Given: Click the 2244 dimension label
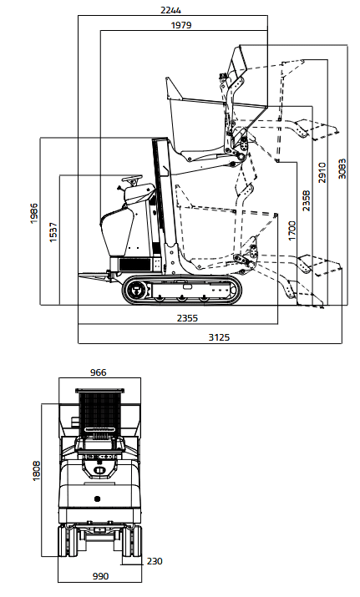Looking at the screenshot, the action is click(x=170, y=10).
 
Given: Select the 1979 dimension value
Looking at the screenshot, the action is click(x=181, y=25).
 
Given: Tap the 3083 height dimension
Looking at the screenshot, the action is click(x=342, y=169).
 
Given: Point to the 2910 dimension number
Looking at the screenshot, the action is click(x=322, y=173).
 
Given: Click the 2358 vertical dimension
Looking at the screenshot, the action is click(x=307, y=200).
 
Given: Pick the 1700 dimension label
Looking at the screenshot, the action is click(x=292, y=230).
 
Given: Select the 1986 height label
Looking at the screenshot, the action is click(x=34, y=213).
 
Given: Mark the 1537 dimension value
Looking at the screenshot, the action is click(x=53, y=232).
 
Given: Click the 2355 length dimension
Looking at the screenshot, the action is click(x=187, y=318).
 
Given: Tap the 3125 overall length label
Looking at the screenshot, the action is click(x=219, y=337).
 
